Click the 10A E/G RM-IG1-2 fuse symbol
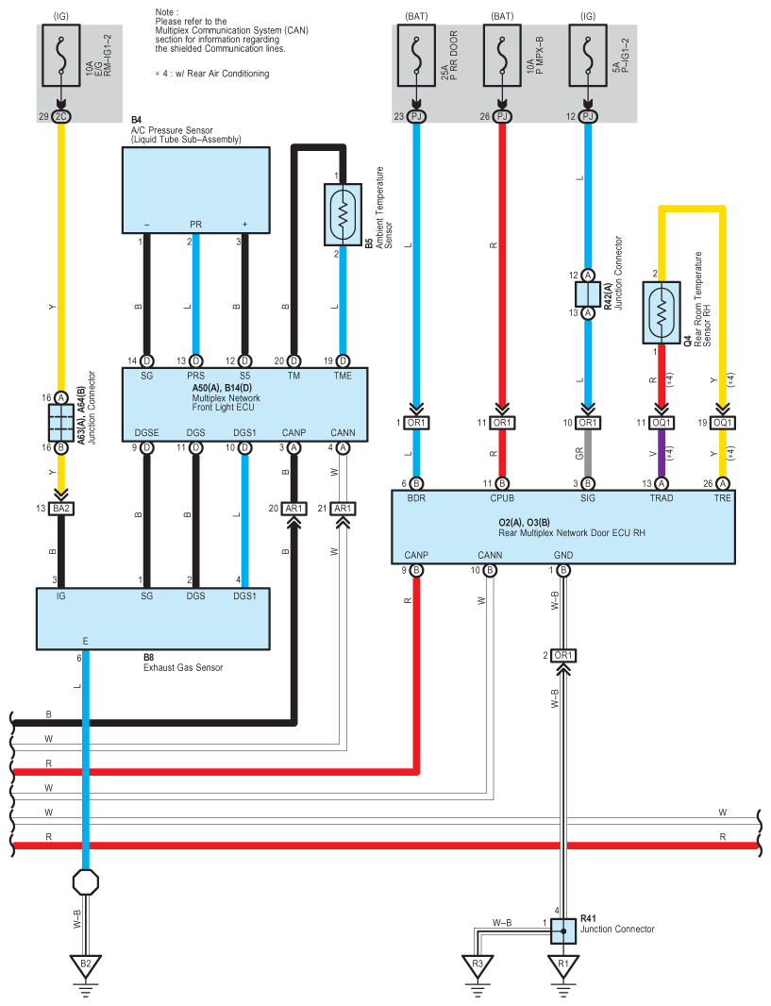click(61, 55)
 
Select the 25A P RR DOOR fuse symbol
click(416, 55)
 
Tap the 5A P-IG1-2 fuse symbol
click(588, 55)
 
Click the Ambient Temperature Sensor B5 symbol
click(343, 214)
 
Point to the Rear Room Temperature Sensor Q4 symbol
click(662, 311)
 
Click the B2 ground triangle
click(85, 964)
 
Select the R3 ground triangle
click(478, 964)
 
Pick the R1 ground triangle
click(563, 964)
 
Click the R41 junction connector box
click(563, 931)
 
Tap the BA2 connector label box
click(61, 508)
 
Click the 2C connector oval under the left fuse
click(61, 116)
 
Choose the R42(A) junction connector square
click(588, 294)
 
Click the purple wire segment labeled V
click(662, 454)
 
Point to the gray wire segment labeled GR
click(588, 454)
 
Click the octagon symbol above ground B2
click(85, 882)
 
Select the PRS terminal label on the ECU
click(195, 376)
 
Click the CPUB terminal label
click(502, 498)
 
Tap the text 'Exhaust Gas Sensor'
click(183, 667)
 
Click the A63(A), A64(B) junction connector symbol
click(61, 422)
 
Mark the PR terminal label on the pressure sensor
click(195, 225)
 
